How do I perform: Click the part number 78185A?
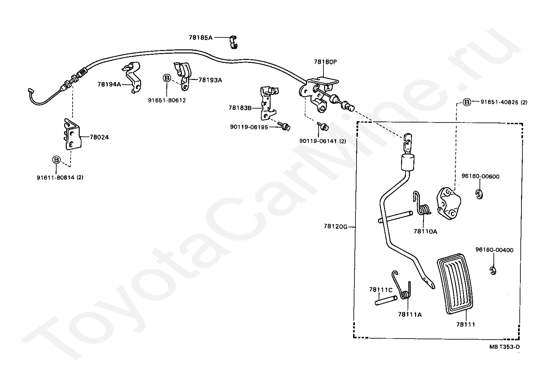201,37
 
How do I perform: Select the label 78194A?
109,84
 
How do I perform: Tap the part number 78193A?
210,80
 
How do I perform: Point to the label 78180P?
325,62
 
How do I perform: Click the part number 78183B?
240,108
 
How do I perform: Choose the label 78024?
99,137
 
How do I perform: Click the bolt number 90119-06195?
249,127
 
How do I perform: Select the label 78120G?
335,227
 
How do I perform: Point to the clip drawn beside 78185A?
233,42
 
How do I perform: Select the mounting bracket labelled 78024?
73,135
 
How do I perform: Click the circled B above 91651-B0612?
167,78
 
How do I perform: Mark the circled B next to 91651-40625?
467,102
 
